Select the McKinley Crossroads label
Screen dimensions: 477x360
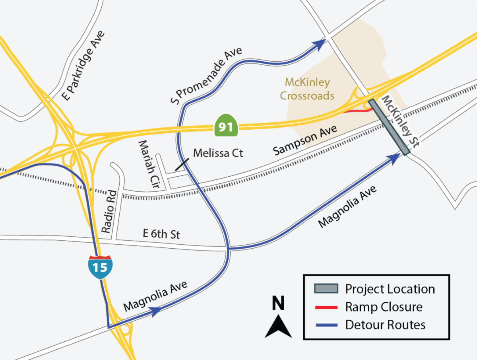pyautogui.click(x=307, y=89)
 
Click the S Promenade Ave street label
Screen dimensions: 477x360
pyautogui.click(x=206, y=75)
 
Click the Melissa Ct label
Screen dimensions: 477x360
pyautogui.click(x=218, y=153)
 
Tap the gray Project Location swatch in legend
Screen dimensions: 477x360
pyautogui.click(x=326, y=288)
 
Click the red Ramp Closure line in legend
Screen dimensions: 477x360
pyautogui.click(x=326, y=307)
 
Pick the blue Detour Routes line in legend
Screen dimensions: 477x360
pyautogui.click(x=326, y=325)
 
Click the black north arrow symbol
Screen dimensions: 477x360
pyautogui.click(x=278, y=327)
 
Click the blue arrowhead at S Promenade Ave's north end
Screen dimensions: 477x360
pyautogui.click(x=318, y=45)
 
